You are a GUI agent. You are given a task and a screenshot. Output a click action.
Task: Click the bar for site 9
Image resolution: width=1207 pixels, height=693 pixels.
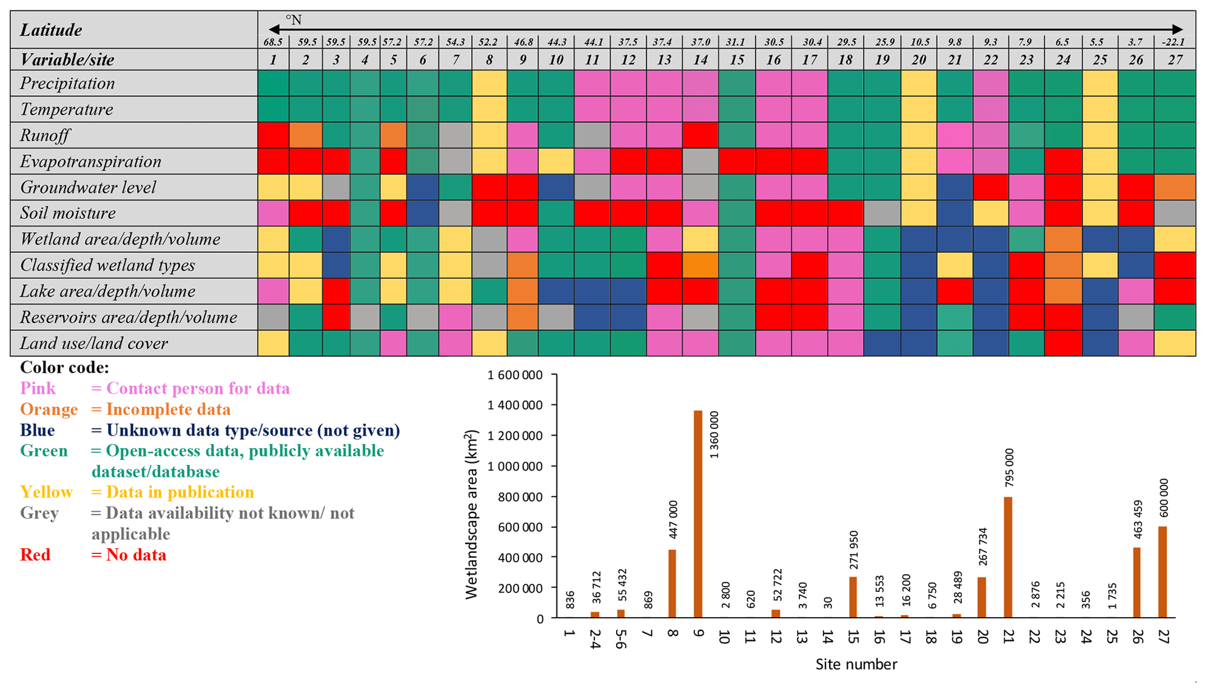coord(698,514)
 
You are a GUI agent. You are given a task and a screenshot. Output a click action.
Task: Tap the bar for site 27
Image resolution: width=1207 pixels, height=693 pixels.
coord(1162,572)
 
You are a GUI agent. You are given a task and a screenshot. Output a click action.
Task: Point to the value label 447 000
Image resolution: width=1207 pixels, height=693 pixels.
coord(673,519)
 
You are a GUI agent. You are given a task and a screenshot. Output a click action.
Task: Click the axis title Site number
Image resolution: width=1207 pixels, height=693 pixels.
coord(856,664)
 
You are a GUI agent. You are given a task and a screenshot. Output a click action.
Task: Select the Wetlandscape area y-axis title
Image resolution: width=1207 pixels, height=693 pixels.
coord(471,515)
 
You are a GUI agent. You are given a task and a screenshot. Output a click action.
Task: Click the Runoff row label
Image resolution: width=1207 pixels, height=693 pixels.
coord(45,136)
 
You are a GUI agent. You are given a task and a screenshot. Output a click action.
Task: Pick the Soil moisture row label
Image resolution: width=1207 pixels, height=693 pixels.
coord(68,213)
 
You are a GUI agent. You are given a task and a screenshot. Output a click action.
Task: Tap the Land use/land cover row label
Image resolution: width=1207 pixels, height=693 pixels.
coord(94,344)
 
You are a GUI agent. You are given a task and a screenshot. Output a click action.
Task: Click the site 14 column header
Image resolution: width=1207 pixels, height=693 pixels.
coord(700,60)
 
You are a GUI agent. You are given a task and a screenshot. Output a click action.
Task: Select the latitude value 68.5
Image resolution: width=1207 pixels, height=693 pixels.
coord(273,42)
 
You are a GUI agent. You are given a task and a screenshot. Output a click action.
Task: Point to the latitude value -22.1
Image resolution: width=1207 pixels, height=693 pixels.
coord(1173,42)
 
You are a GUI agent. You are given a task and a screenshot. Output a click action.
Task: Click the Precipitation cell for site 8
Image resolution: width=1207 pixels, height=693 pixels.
coord(489,84)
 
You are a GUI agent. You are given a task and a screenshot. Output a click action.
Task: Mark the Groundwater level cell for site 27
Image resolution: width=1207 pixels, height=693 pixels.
coord(1174,188)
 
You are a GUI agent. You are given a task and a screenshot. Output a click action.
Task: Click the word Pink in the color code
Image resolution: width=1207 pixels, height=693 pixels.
coord(38,389)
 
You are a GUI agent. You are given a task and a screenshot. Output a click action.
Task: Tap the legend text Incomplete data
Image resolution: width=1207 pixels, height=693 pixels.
coord(168,410)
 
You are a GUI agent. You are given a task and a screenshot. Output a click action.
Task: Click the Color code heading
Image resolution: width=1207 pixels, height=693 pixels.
coord(64,368)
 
